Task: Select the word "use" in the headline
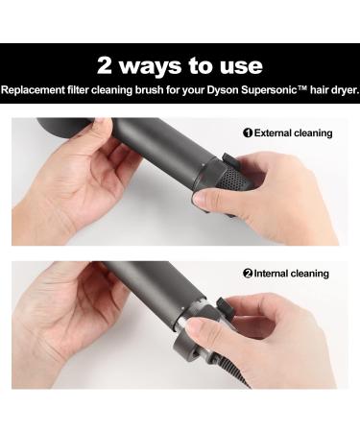click(x=239, y=65)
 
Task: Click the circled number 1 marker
click(x=248, y=132)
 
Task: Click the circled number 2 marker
click(x=248, y=274)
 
